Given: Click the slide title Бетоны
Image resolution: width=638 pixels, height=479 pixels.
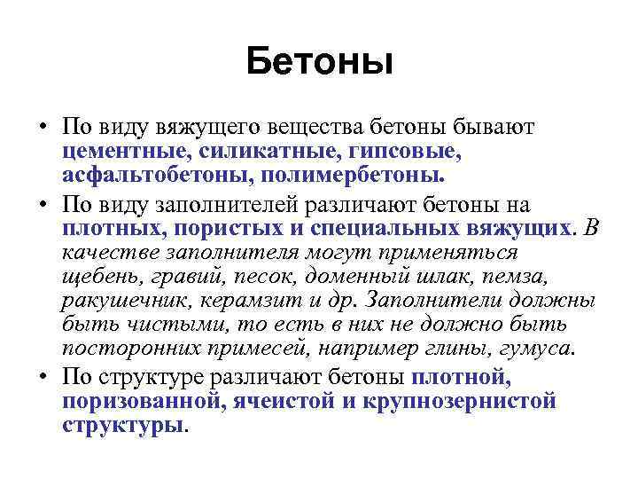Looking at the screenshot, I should point(319,61).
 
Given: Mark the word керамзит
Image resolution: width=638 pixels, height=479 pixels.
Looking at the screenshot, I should point(238,301).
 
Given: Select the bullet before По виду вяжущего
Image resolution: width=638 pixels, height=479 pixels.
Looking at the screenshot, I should point(42,127).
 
